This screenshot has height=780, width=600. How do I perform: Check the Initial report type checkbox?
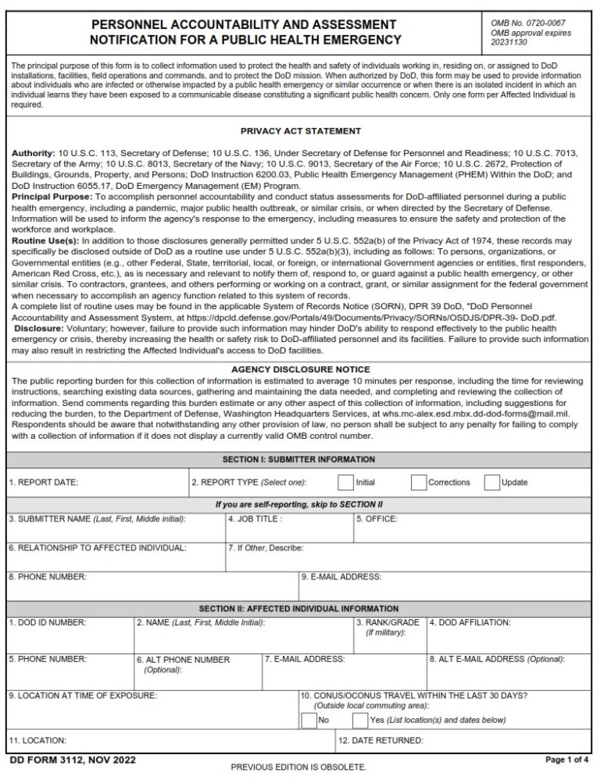coord(345,483)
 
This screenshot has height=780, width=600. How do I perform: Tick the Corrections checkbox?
coord(419,483)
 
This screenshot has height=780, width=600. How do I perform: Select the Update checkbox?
coord(491,483)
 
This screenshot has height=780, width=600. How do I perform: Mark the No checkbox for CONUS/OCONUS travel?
coord(309,720)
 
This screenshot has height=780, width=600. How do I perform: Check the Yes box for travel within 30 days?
coord(360,720)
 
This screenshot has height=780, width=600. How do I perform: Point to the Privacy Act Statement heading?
coord(301,131)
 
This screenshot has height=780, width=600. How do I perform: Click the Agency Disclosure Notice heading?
coord(301,369)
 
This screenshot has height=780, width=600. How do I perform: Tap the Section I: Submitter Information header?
coord(301,460)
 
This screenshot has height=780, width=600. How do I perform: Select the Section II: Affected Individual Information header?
coord(299,608)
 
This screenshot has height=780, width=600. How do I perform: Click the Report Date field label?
coord(44,483)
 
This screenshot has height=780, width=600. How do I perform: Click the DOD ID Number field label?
coord(47,622)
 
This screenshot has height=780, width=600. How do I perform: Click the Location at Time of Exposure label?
coord(83,695)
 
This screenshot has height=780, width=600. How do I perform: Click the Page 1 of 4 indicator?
coord(566,760)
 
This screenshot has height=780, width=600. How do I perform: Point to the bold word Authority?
coord(34,153)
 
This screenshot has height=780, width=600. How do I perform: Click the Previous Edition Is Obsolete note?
coord(298,768)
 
